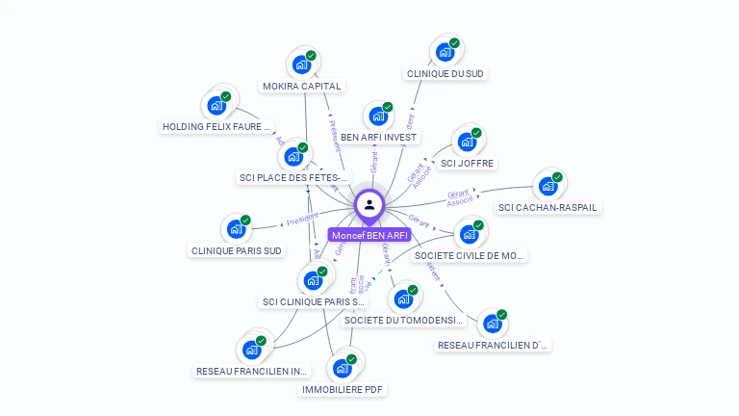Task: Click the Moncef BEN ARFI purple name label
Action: tap(369, 235)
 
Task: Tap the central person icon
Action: tap(369, 204)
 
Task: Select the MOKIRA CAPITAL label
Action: tap(301, 87)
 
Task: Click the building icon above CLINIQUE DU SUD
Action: tap(446, 51)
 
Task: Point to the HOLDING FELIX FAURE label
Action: tap(218, 126)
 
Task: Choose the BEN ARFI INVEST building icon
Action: tap(378, 116)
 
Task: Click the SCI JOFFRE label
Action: tap(467, 163)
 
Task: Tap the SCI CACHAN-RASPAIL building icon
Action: tap(548, 186)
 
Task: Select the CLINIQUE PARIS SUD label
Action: tap(237, 251)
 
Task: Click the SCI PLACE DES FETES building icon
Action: tap(293, 156)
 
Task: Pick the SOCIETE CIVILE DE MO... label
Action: tap(469, 256)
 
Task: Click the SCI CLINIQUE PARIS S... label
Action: tap(314, 302)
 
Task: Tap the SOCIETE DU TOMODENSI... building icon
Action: tap(403, 299)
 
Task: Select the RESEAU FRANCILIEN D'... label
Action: tap(493, 345)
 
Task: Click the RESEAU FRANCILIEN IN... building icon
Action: tap(252, 350)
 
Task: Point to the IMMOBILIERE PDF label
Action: tap(342, 390)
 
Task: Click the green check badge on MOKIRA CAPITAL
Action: tap(311, 56)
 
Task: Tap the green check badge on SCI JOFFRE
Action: tap(476, 133)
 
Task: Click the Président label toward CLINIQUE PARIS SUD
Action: tap(301, 221)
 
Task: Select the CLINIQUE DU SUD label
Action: tap(446, 73)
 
